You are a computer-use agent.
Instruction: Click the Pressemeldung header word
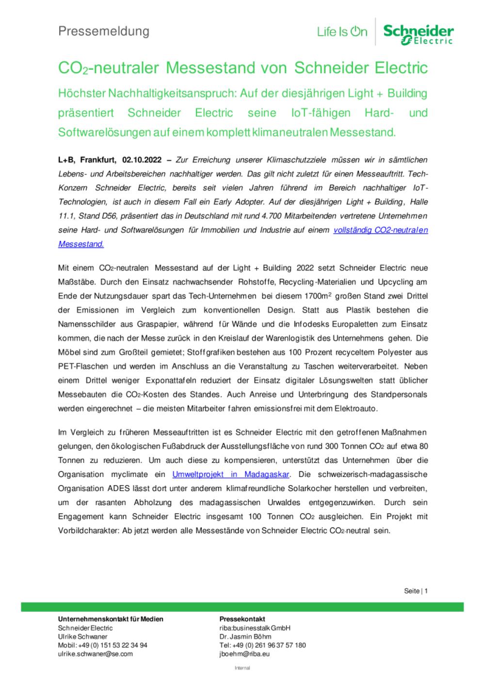tap(104, 32)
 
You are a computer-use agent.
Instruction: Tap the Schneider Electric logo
tap(418, 34)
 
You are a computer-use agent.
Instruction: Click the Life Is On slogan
tap(342, 32)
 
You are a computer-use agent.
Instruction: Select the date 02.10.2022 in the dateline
tap(141, 159)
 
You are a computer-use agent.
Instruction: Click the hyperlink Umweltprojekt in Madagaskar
tap(231, 474)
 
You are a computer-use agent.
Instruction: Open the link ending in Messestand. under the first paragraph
tap(81, 244)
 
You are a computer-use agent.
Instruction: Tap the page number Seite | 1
tap(416, 591)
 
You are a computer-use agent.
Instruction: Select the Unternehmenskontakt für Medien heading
tap(111, 619)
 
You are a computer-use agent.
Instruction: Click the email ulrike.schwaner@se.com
tap(95, 654)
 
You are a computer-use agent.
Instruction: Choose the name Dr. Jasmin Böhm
tap(245, 637)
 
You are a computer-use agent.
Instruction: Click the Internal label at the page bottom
tap(242, 668)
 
